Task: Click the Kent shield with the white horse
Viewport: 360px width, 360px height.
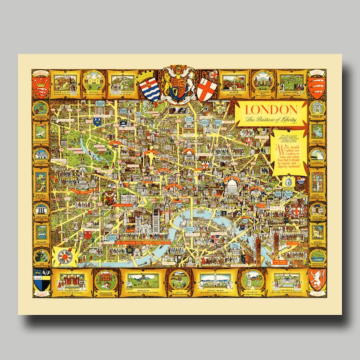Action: pos(316,278)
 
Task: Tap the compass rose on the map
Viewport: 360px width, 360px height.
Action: pos(65,257)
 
